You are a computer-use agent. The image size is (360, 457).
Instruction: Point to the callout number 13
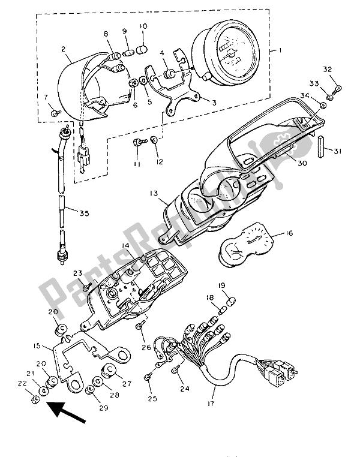(x=155, y=193)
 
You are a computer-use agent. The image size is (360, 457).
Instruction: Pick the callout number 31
(x=338, y=151)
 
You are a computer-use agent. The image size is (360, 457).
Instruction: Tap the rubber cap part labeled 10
(x=143, y=48)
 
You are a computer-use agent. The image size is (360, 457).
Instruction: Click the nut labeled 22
(x=35, y=399)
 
